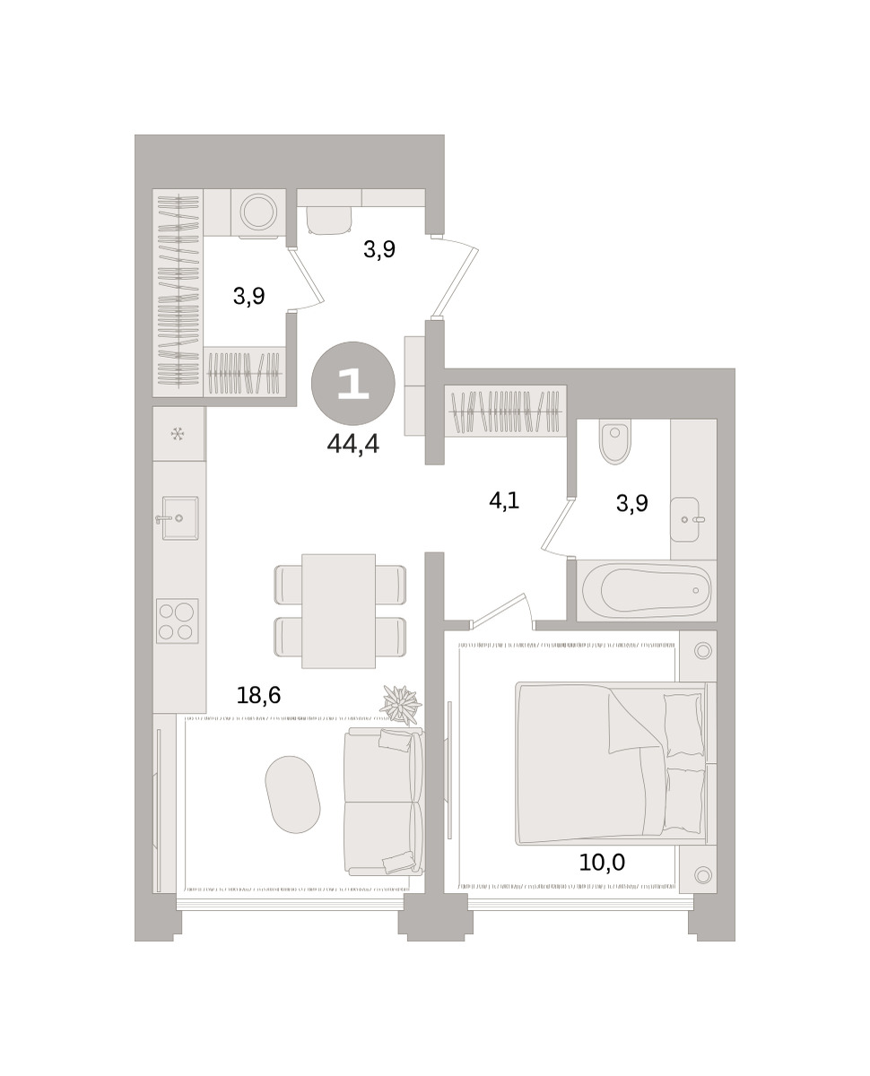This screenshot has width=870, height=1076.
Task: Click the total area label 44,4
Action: click(x=352, y=444)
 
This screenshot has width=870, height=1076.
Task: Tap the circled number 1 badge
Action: click(x=353, y=384)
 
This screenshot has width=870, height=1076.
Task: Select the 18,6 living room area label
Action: click(x=258, y=696)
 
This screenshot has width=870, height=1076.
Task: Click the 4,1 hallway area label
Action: click(x=504, y=500)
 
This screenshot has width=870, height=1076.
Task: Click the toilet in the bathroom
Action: click(x=614, y=444)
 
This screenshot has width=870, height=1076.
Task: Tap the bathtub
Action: click(x=647, y=590)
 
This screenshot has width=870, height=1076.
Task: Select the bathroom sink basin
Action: click(x=684, y=519)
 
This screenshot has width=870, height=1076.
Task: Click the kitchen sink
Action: click(x=180, y=517)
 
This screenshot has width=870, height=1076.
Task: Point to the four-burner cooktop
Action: click(x=177, y=620)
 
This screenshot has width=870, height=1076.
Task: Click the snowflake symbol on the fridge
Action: click(x=178, y=433)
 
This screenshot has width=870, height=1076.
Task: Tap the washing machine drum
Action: click(x=257, y=212)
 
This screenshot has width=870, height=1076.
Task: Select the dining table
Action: click(x=338, y=611)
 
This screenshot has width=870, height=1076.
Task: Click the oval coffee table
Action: click(x=292, y=794)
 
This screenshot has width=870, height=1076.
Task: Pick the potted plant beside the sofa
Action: click(x=401, y=704)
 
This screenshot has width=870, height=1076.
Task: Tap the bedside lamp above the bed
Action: click(x=702, y=651)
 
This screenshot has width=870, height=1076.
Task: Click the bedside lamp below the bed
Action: click(x=702, y=874)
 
